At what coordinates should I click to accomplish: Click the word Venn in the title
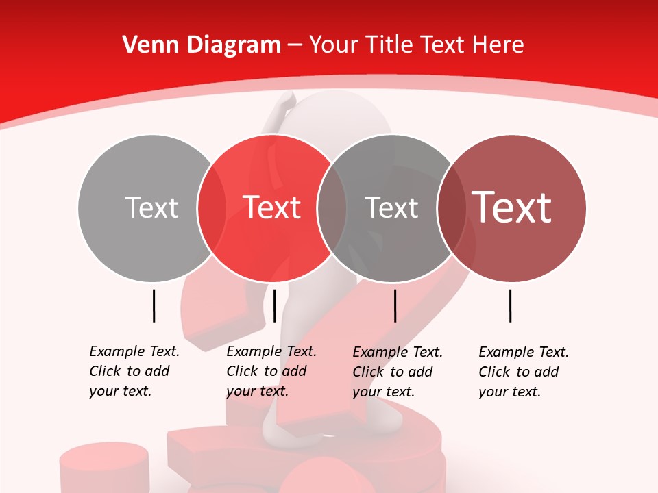click(x=145, y=45)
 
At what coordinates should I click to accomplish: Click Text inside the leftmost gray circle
click(x=151, y=208)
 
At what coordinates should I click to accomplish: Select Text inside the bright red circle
click(x=271, y=208)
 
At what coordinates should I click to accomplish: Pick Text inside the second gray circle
click(x=391, y=208)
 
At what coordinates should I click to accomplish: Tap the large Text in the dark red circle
click(x=512, y=207)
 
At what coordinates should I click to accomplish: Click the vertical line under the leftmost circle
click(x=154, y=305)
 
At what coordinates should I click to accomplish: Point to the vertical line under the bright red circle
click(x=274, y=305)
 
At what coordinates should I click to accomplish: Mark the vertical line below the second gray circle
click(x=395, y=305)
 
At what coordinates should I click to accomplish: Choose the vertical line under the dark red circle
click(x=511, y=305)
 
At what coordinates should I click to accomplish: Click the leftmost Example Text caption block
click(x=134, y=371)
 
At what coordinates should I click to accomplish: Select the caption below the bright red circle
click(x=271, y=371)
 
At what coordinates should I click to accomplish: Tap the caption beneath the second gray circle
click(x=398, y=372)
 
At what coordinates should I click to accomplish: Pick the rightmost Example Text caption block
click(x=524, y=372)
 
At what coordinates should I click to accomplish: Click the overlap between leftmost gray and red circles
click(x=212, y=208)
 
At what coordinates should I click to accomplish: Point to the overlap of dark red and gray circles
click(x=452, y=208)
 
